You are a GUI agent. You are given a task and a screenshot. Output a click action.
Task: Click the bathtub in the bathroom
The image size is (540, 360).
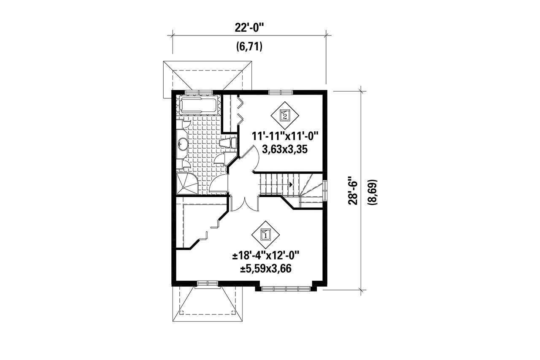(198, 105)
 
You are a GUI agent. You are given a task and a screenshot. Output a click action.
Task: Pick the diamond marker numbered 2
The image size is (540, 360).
(285, 114)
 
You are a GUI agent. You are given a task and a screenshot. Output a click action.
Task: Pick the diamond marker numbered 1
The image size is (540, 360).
(265, 234)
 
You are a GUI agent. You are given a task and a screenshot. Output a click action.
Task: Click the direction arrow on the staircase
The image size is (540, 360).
(291, 184)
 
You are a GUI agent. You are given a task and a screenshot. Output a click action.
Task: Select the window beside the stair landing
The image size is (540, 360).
(325, 189)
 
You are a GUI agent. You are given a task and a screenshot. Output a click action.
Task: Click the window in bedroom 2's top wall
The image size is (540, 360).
(281, 92)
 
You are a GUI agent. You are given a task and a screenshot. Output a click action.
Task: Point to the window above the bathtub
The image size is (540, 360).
(198, 92)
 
